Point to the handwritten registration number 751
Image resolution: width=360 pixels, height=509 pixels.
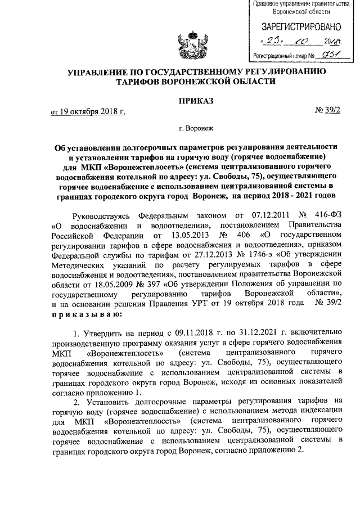point(326,55)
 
